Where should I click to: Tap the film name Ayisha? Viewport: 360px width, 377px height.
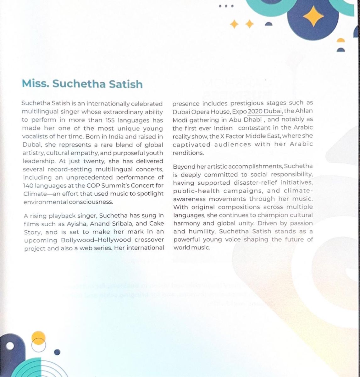pos(77,224)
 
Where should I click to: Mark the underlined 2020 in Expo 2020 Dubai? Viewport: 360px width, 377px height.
pos(255,111)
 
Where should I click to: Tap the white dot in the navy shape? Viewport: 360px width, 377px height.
pos(10,346)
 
